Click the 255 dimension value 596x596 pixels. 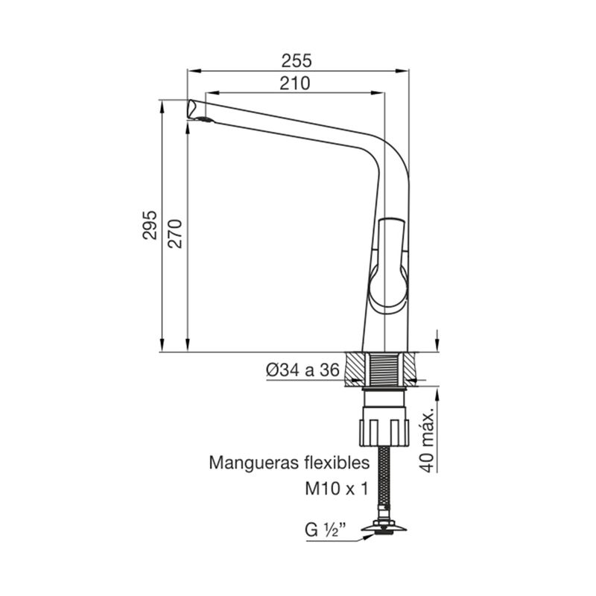pyautogui.click(x=296, y=61)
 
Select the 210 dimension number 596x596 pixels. pyautogui.click(x=295, y=83)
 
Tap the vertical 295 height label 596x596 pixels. pyautogui.click(x=150, y=225)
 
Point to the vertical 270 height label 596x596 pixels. pyautogui.click(x=175, y=234)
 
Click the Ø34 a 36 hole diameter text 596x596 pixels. pyautogui.click(x=302, y=370)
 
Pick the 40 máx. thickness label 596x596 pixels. pyautogui.click(x=427, y=441)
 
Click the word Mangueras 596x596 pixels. pyautogui.click(x=254, y=463)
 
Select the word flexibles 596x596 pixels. pyautogui.click(x=337, y=463)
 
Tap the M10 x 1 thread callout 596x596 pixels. pyautogui.click(x=337, y=489)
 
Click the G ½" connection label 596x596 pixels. pyautogui.click(x=326, y=530)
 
